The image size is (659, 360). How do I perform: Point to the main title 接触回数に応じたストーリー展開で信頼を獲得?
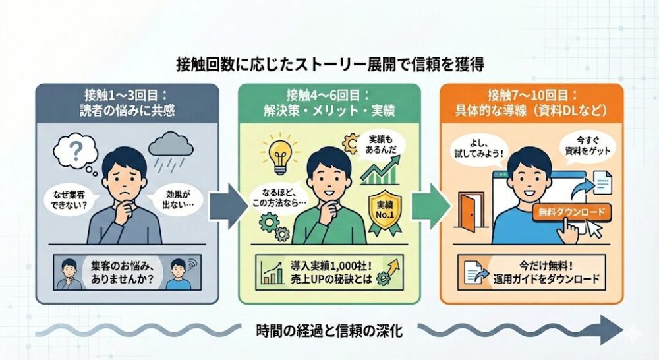(x=330, y=65)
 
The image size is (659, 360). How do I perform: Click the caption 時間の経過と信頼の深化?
(x=329, y=331)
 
